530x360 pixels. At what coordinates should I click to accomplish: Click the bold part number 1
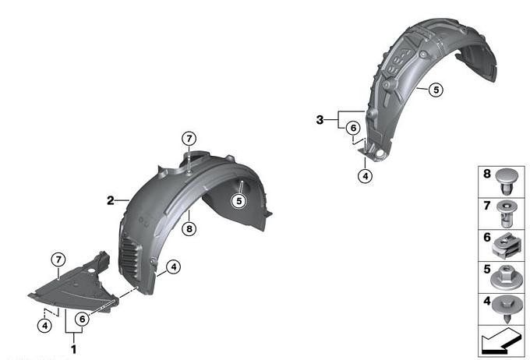74,349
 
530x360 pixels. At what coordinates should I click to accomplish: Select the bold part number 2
111,200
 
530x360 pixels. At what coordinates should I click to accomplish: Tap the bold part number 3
320,120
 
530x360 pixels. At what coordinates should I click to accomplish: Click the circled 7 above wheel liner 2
189,139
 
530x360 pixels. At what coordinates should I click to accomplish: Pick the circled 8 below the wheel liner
189,229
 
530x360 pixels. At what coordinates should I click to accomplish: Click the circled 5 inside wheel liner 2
239,201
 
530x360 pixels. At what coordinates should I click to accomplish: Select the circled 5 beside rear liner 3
436,90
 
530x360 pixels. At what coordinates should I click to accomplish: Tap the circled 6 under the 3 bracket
353,128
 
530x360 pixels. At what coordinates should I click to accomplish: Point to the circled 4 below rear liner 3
365,176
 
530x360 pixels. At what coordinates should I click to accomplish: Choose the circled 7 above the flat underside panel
58,260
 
